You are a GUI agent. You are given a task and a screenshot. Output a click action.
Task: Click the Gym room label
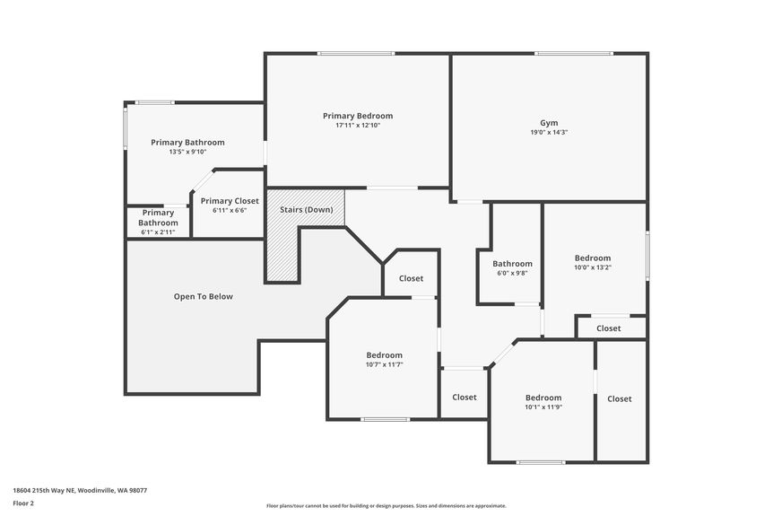click(x=548, y=122)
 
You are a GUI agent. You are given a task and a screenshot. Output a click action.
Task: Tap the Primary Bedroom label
click(x=357, y=116)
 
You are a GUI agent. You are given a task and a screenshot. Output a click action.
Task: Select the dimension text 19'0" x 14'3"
click(x=548, y=132)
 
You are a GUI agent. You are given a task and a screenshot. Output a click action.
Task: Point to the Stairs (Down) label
click(x=306, y=209)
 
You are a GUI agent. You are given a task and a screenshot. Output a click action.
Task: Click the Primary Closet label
click(x=230, y=201)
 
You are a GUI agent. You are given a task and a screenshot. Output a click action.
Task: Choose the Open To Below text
click(x=203, y=296)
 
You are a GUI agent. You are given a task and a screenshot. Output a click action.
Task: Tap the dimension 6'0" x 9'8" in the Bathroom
click(x=512, y=273)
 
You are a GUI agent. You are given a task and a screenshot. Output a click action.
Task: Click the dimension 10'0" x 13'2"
click(x=592, y=267)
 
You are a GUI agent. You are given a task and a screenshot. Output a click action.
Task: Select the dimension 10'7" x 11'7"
click(x=384, y=364)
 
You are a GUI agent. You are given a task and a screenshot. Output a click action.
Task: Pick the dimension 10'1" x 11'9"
click(x=543, y=407)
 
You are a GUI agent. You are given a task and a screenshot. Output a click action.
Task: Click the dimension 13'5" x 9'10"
click(x=187, y=152)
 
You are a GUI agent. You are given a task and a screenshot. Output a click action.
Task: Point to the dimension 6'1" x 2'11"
click(x=158, y=232)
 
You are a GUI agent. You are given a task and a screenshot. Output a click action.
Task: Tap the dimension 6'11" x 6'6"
click(x=230, y=210)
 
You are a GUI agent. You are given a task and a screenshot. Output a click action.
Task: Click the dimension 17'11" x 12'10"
click(x=357, y=126)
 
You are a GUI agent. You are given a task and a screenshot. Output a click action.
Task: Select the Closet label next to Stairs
click(x=411, y=278)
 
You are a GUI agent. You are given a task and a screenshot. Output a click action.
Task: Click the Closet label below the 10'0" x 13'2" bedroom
click(x=608, y=328)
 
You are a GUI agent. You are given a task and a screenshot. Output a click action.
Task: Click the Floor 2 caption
click(x=23, y=503)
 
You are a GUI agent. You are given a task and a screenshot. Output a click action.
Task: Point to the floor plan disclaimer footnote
click(x=386, y=505)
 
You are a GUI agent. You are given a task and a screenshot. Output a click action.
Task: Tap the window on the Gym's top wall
click(x=574, y=54)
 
